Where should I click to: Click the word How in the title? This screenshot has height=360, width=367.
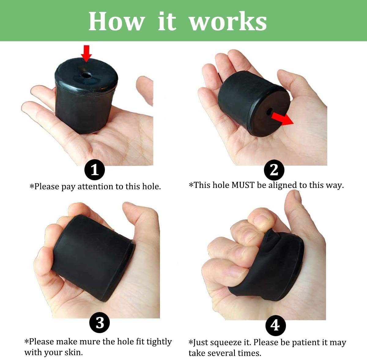point(116,21)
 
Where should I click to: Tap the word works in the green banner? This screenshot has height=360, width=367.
point(228,21)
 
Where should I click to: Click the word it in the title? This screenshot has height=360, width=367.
point(167,21)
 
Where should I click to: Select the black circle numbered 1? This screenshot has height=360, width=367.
point(95,170)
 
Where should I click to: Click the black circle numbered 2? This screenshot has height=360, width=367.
point(274,170)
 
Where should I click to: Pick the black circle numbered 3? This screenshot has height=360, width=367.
point(100,322)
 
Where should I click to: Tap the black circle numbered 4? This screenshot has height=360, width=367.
point(276,325)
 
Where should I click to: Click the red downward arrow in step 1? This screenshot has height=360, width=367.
point(87,53)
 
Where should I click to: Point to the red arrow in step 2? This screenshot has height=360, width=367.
point(282,118)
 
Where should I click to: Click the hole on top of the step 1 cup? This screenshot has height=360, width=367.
point(86,75)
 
